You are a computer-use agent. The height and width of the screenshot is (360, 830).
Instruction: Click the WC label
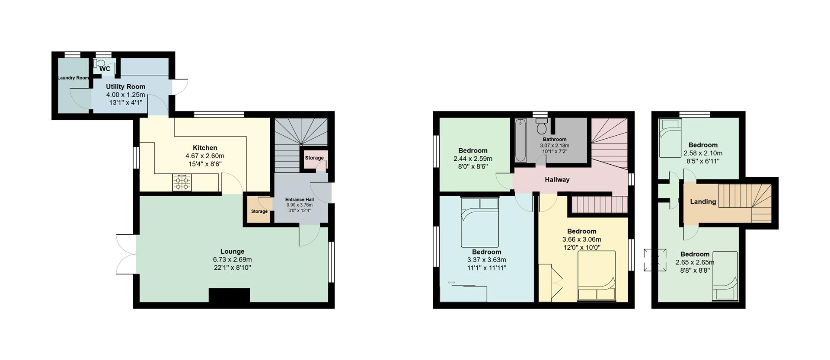click(x=105, y=69)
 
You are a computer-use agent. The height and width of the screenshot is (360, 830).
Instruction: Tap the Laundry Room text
click(x=73, y=78)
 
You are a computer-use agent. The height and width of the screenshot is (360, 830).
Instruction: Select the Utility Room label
click(x=125, y=86)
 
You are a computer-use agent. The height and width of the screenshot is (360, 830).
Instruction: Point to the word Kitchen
click(x=205, y=148)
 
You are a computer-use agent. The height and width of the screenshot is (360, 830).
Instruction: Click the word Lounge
click(x=232, y=252)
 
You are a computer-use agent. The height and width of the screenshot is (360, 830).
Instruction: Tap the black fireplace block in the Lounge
click(x=229, y=295)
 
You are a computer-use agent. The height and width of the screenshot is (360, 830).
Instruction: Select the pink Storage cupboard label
click(x=314, y=158)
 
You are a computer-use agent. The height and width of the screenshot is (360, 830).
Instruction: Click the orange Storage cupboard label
click(x=259, y=211)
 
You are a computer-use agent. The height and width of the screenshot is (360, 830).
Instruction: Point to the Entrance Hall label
click(x=300, y=200)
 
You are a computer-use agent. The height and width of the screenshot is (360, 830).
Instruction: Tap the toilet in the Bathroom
click(x=541, y=127)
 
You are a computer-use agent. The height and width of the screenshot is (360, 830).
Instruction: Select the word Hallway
click(x=557, y=180)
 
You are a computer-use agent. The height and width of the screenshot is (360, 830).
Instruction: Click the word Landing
click(x=703, y=202)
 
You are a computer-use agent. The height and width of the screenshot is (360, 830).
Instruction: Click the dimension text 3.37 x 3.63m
click(x=486, y=260)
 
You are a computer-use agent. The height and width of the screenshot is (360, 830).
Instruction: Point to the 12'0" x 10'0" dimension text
click(x=581, y=247)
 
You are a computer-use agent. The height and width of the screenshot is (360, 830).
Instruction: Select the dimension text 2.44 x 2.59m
click(x=472, y=159)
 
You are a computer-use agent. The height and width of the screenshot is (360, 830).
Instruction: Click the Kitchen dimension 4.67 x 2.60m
click(x=205, y=156)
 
